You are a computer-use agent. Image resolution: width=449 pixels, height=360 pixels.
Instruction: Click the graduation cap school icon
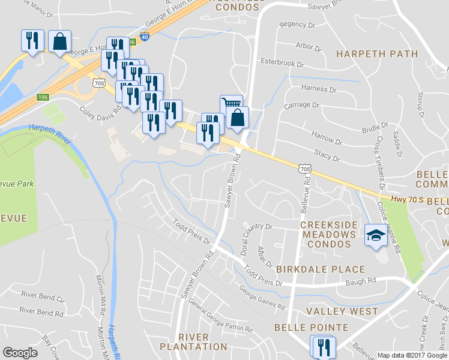(x=376, y=235)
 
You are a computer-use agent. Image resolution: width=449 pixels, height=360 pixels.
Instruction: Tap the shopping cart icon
(x=230, y=104)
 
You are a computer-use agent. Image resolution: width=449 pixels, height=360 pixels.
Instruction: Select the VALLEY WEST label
(x=342, y=311)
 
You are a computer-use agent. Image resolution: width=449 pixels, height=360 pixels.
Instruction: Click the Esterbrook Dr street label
(x=282, y=62)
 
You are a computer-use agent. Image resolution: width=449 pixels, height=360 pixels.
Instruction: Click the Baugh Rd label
(x=363, y=280)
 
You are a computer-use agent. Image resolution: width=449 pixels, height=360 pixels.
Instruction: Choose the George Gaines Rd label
(x=262, y=297)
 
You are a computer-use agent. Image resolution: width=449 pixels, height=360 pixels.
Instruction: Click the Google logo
(x=20, y=353)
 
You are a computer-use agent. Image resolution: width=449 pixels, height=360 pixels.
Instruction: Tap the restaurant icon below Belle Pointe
(x=322, y=346)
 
